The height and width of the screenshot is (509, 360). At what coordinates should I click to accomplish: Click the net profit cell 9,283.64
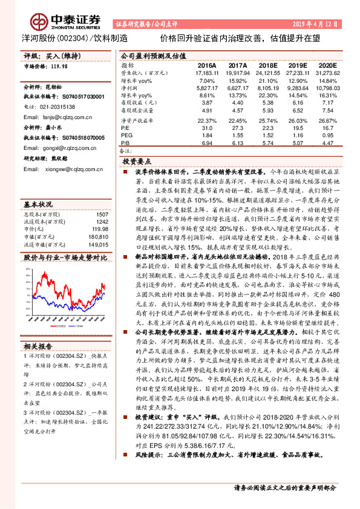tap(290, 87)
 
